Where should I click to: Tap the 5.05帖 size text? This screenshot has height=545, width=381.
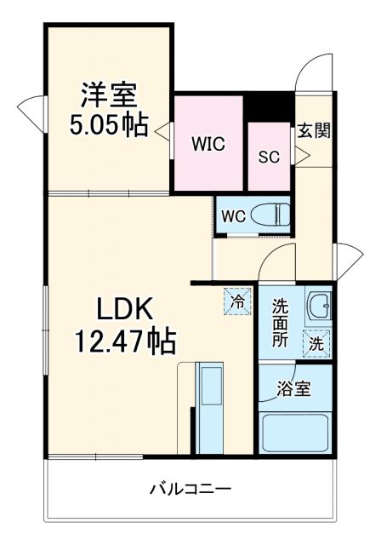pos(109,125)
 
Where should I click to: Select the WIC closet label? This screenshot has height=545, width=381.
pos(208,143)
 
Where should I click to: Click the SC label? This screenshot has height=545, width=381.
pos(269,157)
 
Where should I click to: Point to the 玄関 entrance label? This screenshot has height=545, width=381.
pos(313,131)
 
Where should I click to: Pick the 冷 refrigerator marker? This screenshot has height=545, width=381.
pos(239,300)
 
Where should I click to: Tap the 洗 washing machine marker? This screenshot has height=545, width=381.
pos(316,344)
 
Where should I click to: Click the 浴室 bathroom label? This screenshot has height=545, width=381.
pos(294,390)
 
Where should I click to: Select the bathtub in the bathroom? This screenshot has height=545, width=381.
pos(294,433)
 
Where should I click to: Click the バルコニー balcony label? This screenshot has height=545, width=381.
pos(190,490)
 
